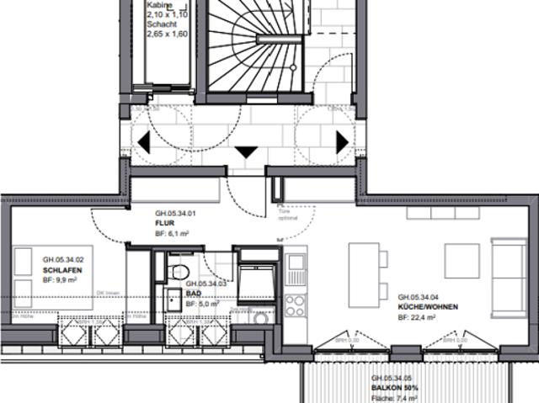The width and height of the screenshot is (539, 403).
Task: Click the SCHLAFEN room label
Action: (x=63, y=271)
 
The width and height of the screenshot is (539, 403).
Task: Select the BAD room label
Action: (x=193, y=294)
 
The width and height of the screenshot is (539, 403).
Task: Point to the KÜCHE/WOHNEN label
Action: (x=428, y=307)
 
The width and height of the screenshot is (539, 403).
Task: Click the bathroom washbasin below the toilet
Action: (x=173, y=299)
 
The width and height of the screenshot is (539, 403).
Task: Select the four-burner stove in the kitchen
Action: (x=296, y=304)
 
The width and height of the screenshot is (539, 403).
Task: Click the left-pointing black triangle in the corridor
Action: (x=144, y=142)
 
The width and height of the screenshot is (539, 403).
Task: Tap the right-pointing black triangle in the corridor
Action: (x=342, y=142)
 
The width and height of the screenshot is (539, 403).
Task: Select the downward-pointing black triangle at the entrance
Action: (x=246, y=152)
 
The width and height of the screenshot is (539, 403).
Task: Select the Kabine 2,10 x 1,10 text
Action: (x=165, y=10)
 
